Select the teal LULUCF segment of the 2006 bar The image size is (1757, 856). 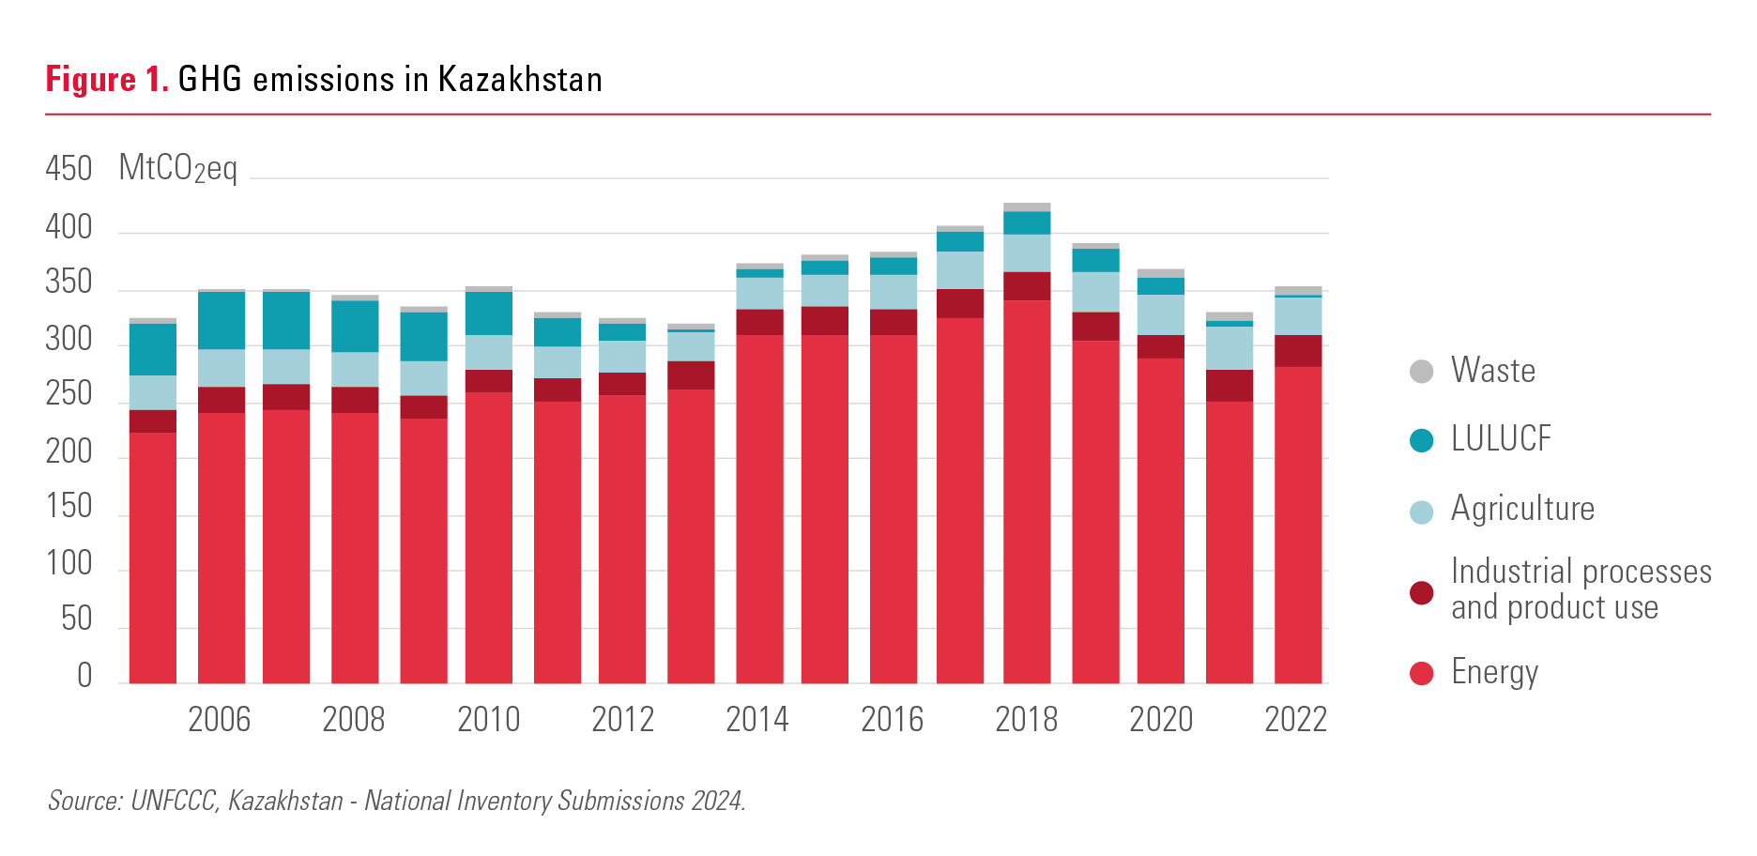coord(222,320)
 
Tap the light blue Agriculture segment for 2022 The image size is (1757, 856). coord(1298,316)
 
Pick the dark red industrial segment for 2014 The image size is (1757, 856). coord(759,322)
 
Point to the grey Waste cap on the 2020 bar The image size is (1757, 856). coord(1161,273)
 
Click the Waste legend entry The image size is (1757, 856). coord(1492,371)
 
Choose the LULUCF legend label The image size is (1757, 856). coord(1501,439)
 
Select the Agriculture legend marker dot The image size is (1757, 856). coord(1422,512)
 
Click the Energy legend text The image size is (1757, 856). coord(1494,672)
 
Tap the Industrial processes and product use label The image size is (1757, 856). coord(1581,589)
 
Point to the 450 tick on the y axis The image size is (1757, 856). coord(69,169)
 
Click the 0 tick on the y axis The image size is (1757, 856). coord(84,675)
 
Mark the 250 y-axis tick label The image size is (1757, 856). coord(69,394)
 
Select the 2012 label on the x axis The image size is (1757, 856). coord(623,720)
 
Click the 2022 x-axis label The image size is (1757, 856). coord(1295,720)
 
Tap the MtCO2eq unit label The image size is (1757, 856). coord(178,169)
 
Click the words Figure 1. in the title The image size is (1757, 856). coord(107,80)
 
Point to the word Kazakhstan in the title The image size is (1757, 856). coord(520,80)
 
